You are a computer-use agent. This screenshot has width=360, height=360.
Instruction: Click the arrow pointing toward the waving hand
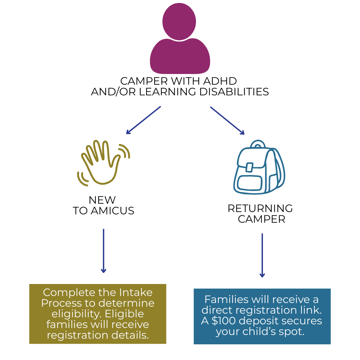point(143,120)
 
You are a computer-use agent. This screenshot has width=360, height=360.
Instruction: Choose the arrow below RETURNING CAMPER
point(262,255)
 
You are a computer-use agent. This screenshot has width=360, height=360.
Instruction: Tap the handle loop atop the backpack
point(258,144)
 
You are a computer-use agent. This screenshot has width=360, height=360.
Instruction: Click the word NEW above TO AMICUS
point(102,200)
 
